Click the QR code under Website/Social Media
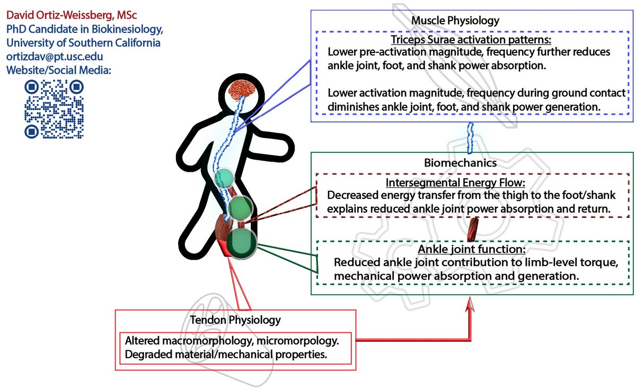[54, 110]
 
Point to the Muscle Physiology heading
[455, 21]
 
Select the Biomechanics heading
[460, 162]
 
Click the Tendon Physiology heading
[235, 320]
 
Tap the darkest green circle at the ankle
[242, 243]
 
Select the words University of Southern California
[83, 43]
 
